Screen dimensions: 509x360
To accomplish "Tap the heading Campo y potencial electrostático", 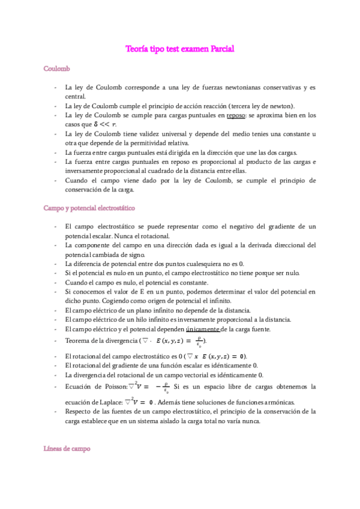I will click(x=89, y=208).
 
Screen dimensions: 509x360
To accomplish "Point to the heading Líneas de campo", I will click(x=66, y=448).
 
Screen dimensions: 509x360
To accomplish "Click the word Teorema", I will click(x=79, y=340).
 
